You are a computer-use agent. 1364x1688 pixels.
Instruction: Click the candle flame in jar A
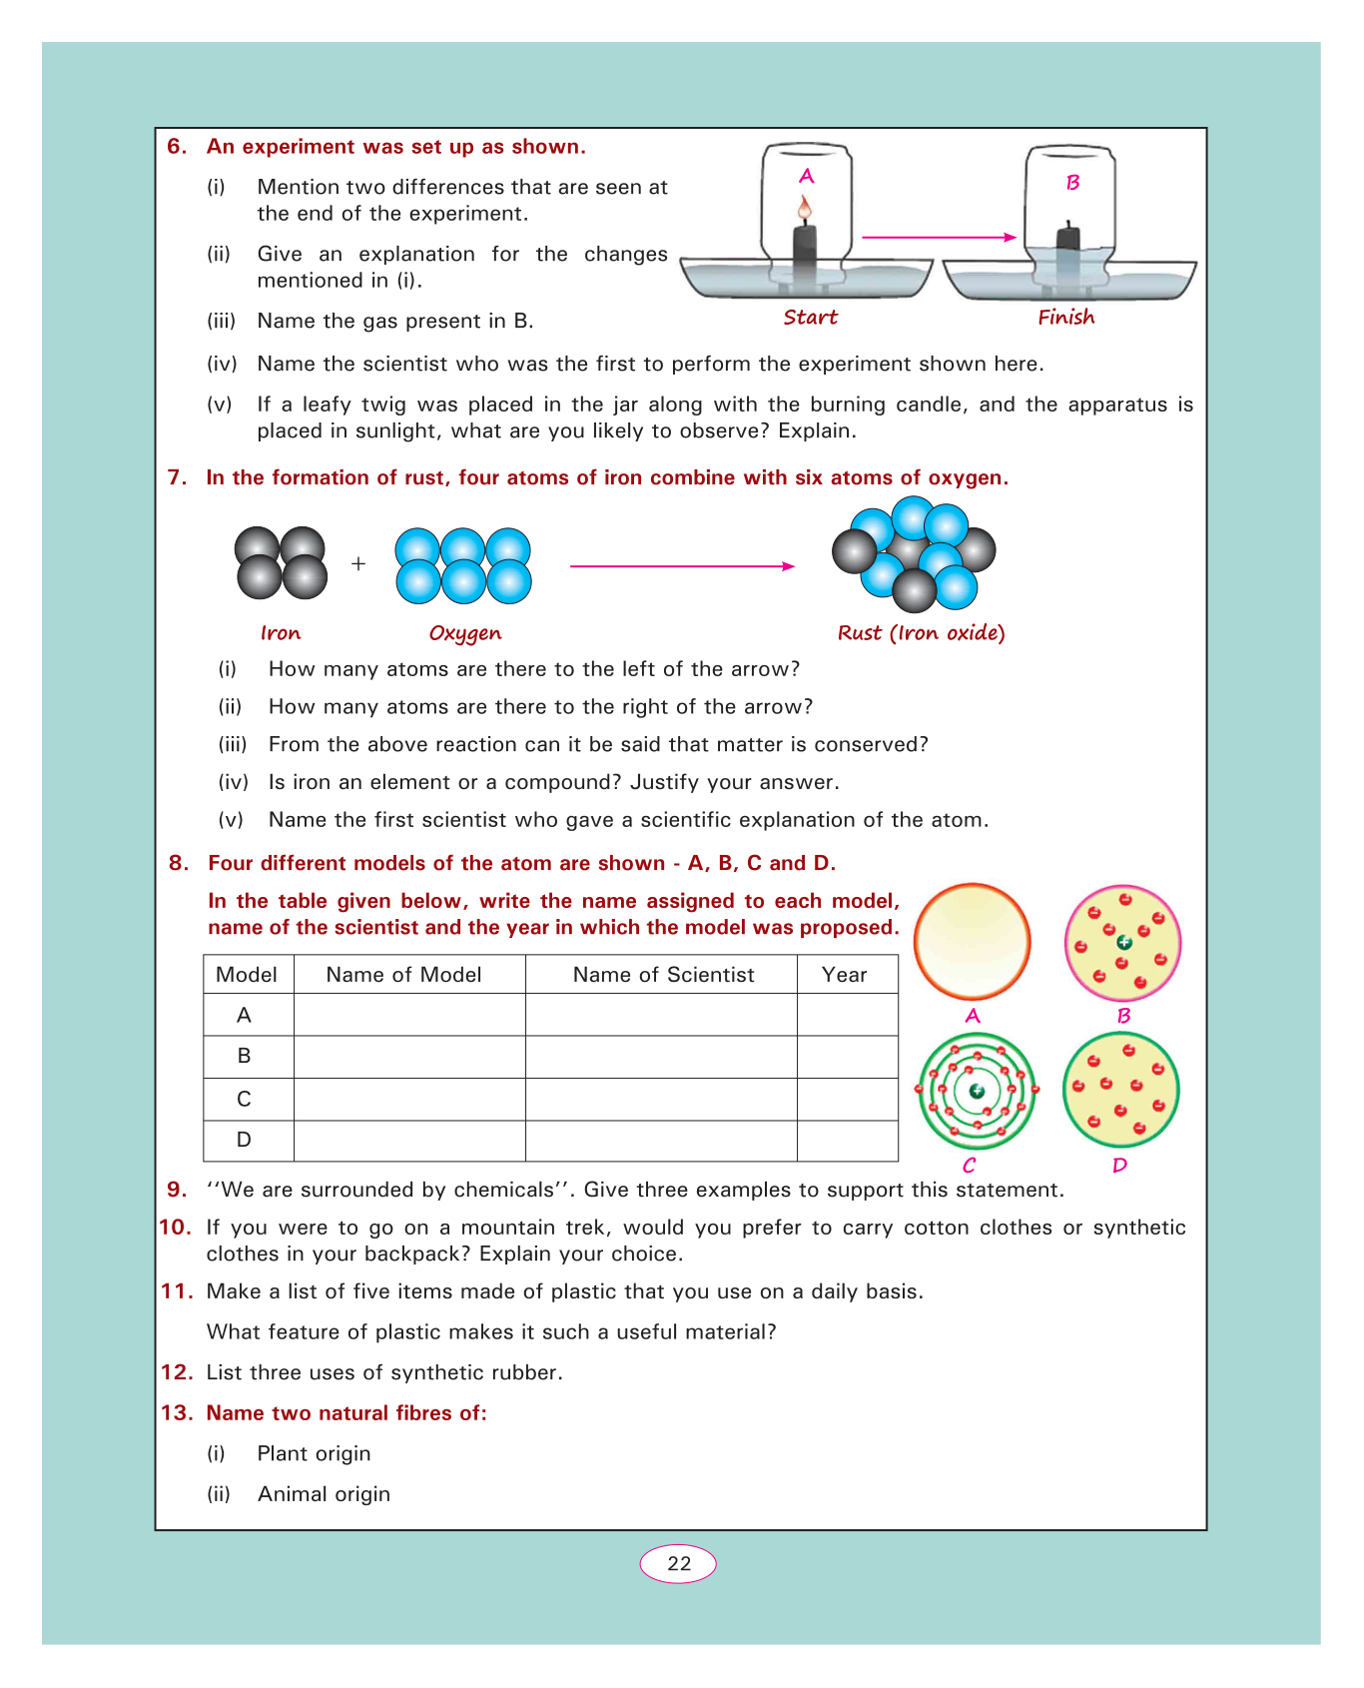805,209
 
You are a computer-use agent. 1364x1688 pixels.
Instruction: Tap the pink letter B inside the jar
1072,183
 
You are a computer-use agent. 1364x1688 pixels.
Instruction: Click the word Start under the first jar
810,318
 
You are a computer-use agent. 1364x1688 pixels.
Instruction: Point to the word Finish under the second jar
1065,318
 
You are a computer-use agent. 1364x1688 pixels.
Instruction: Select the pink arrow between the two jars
939,238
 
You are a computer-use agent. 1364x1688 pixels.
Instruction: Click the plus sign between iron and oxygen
358,564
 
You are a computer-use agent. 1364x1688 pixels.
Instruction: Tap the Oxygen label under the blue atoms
464,633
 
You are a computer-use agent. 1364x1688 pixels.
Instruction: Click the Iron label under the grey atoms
281,633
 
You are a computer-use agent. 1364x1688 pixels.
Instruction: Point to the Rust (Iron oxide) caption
921,633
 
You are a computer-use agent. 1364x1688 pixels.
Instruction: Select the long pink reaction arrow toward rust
682,566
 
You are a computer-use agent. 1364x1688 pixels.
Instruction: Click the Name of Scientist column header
663,975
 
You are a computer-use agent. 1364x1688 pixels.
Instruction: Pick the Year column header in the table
844,975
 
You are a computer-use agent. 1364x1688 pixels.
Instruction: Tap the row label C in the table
245,1099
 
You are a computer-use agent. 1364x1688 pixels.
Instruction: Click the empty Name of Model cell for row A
409,1015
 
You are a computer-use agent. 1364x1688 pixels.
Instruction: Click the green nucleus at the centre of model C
977,1091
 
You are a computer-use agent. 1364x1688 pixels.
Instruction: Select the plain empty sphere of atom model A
973,941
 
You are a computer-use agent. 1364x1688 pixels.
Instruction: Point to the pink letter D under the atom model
1119,1166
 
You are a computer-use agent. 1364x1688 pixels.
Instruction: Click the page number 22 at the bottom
678,1564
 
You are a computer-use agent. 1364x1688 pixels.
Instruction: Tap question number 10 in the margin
175,1228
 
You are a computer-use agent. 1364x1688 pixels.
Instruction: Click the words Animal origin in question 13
324,1494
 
